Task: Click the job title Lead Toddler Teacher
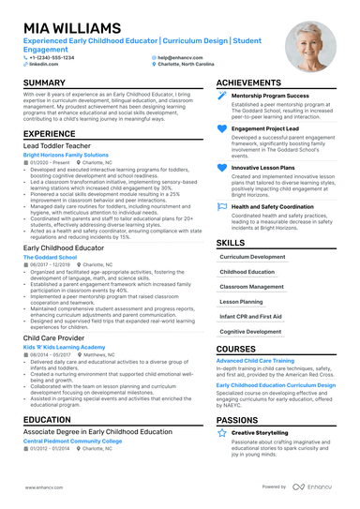57,147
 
